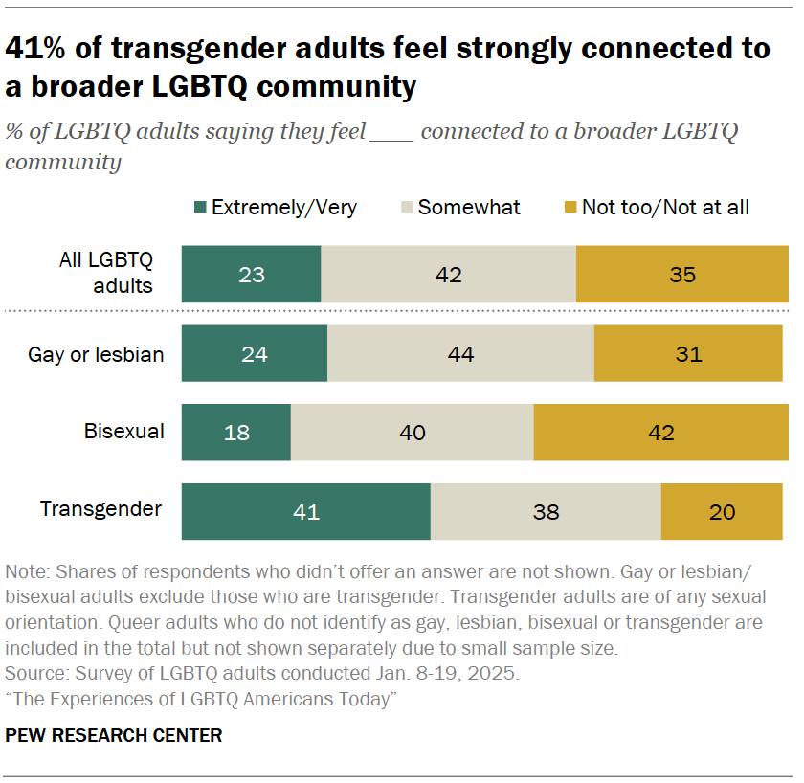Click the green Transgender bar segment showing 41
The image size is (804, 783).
[x=305, y=512]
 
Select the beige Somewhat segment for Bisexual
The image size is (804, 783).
[x=412, y=433]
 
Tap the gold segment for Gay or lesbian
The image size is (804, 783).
[x=688, y=354]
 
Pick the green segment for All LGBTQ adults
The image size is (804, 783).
[x=251, y=275]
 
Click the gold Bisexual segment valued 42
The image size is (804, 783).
[x=660, y=433]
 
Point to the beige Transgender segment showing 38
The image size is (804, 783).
[x=546, y=512]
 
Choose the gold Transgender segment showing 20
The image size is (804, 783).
[x=723, y=512]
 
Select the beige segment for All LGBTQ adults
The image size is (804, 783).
[x=448, y=275]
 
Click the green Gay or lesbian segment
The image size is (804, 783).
[x=254, y=354]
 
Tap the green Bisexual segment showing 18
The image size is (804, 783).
[x=235, y=433]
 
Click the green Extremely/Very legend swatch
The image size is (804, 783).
[x=200, y=208]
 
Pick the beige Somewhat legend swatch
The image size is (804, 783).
[x=406, y=208]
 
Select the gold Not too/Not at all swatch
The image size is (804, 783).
[x=569, y=208]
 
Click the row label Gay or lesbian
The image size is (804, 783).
[x=96, y=355]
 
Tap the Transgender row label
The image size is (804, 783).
[x=100, y=509]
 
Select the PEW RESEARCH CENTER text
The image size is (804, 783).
[x=114, y=735]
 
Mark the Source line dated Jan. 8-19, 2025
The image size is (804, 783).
[x=262, y=674]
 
